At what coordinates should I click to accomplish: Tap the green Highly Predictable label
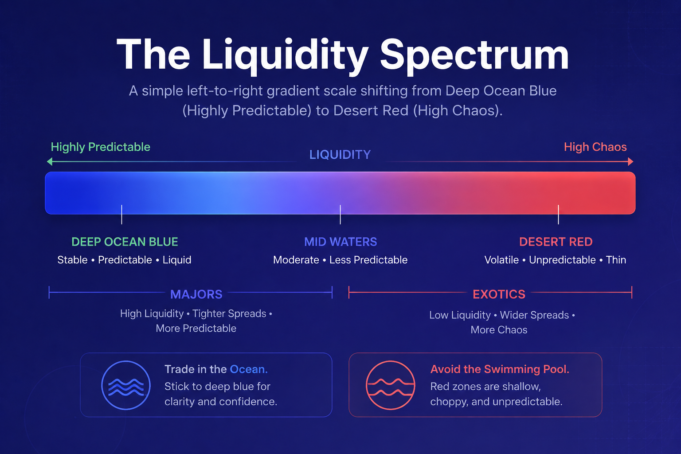click(100, 147)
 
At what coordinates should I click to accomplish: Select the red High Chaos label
click(595, 147)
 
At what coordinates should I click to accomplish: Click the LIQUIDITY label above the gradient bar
click(340, 155)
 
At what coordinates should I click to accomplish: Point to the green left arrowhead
click(50, 161)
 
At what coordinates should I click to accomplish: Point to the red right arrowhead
click(630, 161)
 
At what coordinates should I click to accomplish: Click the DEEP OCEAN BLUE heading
click(125, 242)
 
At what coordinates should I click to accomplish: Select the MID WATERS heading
click(340, 242)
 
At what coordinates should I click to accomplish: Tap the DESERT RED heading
click(556, 242)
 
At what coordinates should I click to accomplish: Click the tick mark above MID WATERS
click(340, 215)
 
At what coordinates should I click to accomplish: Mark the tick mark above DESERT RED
click(558, 215)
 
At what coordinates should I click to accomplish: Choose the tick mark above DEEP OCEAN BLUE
click(121, 215)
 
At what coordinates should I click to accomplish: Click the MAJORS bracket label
click(196, 294)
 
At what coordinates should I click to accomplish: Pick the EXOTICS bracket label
click(499, 294)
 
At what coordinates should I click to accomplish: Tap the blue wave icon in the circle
click(126, 387)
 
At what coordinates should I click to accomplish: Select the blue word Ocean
click(249, 369)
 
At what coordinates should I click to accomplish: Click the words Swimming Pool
click(526, 370)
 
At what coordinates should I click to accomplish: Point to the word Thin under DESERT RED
click(616, 260)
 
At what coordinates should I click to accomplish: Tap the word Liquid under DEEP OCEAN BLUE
click(177, 260)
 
